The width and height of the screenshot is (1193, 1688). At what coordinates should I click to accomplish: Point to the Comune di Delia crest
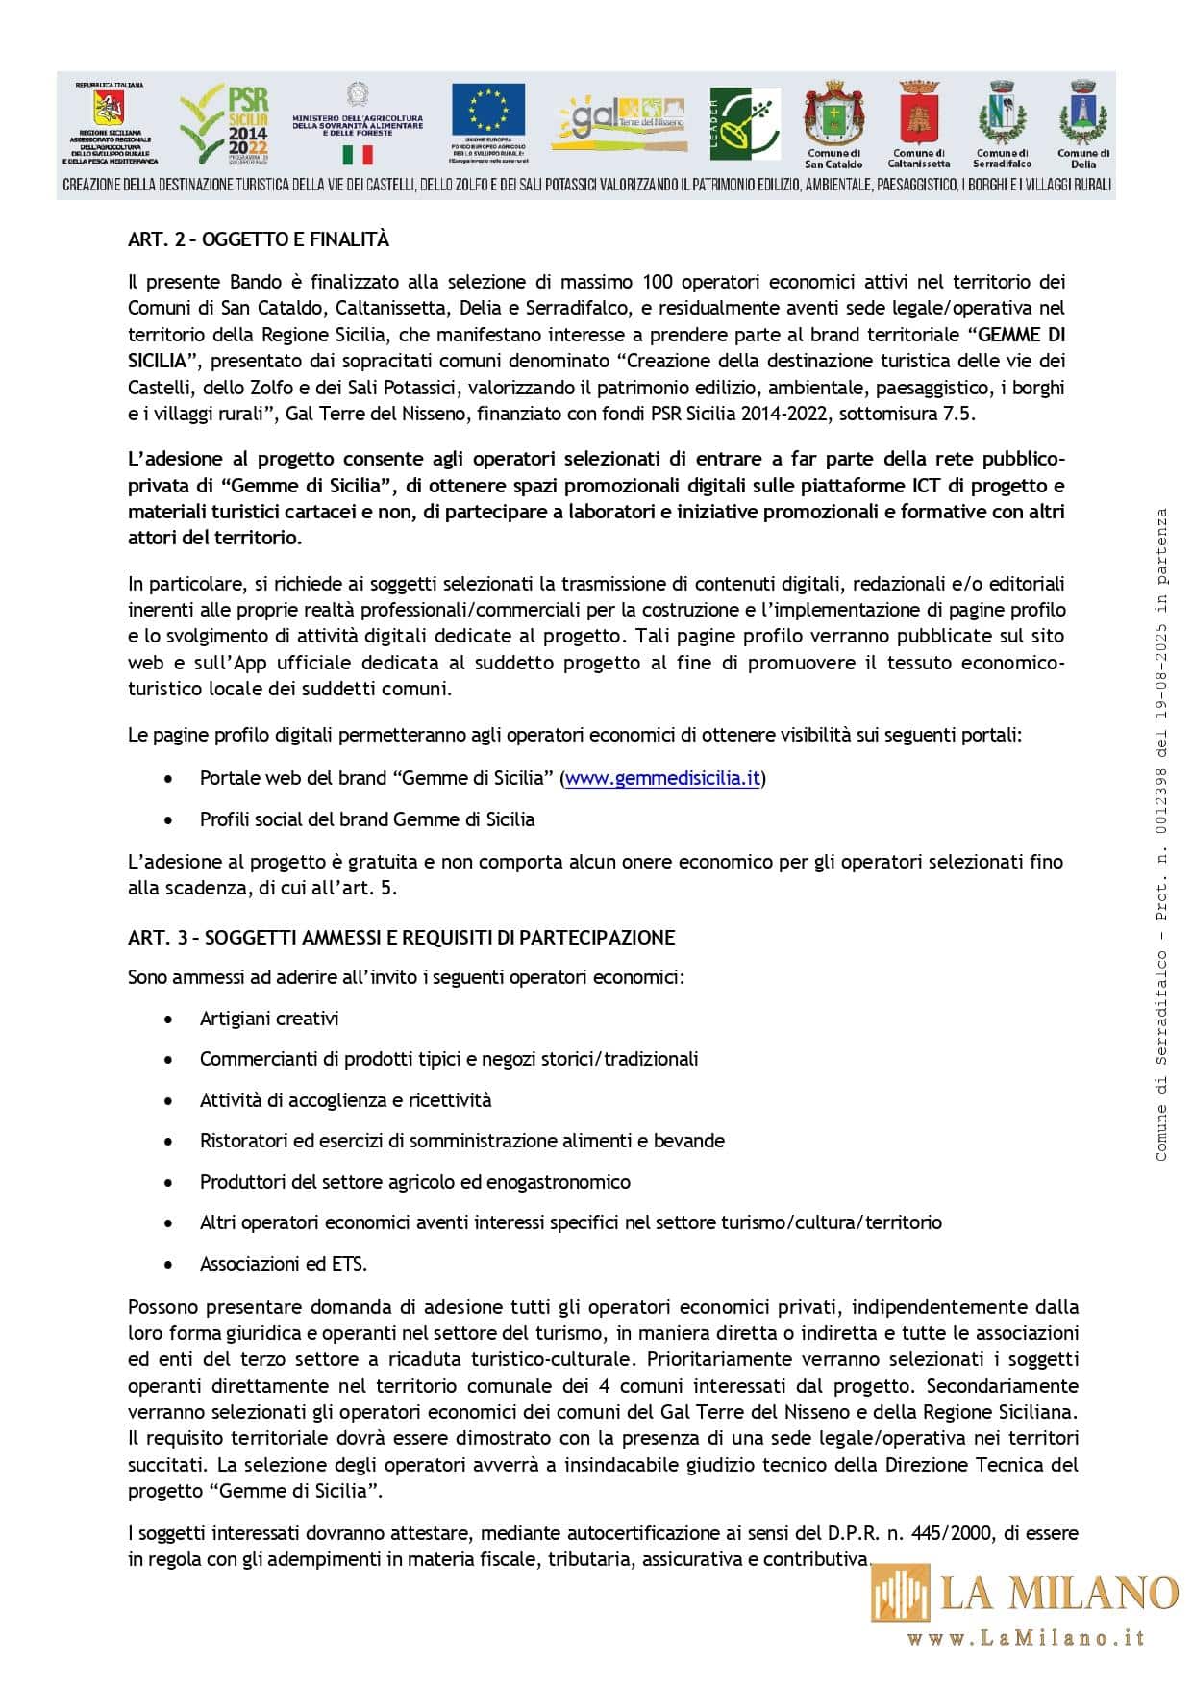pyautogui.click(x=1083, y=113)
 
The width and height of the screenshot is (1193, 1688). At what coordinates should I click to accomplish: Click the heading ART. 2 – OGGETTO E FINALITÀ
pyautogui.click(x=259, y=239)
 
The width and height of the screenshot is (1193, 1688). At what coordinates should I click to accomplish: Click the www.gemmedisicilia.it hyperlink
pyautogui.click(x=662, y=778)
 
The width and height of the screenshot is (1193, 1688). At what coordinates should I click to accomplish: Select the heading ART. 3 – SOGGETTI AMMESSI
pyautogui.click(x=402, y=938)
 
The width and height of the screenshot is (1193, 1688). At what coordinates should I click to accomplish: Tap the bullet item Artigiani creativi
pyautogui.click(x=269, y=1019)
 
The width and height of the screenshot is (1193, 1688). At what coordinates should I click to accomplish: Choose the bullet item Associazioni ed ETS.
pyautogui.click(x=284, y=1264)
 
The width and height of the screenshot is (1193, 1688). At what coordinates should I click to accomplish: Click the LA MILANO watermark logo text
pyautogui.click(x=1058, y=1593)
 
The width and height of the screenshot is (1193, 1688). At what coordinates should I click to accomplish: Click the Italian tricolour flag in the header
pyautogui.click(x=357, y=155)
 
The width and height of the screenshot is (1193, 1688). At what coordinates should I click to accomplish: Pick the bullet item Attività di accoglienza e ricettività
pyautogui.click(x=345, y=1100)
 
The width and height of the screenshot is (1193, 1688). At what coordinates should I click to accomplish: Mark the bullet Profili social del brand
pyautogui.click(x=366, y=819)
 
